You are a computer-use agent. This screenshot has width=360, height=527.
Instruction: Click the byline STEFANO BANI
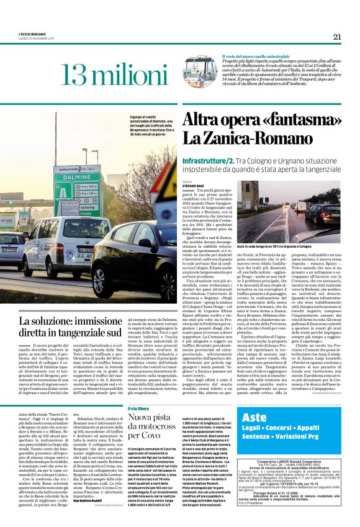point(194,185)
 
